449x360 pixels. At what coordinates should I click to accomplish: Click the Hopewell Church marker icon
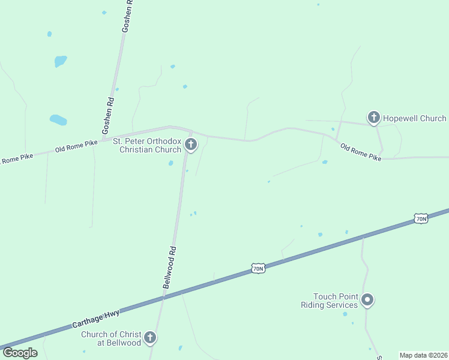pos(373,118)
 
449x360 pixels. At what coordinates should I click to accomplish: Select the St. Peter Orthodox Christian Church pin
pos(191,144)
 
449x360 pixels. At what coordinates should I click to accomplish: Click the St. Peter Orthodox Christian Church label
pos(147,145)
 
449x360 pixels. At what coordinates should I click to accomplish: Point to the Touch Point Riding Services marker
pos(368,300)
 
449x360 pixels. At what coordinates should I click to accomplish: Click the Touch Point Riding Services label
pos(330,301)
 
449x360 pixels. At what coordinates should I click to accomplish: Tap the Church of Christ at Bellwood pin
pos(150,338)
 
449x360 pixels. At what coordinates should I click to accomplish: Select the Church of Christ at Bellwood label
pos(111,338)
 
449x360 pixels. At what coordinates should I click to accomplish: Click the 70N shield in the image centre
pos(258,268)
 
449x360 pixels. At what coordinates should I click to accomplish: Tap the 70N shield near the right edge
pos(421,218)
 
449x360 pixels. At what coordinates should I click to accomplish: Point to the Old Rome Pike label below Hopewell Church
pos(361,152)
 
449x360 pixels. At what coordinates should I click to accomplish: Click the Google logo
pos(20,353)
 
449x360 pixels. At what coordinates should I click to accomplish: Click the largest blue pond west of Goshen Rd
pos(58,120)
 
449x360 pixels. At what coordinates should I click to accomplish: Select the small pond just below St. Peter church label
pos(171,163)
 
